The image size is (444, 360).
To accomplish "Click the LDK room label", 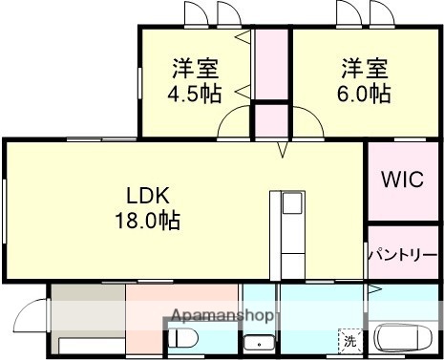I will coord(149,196).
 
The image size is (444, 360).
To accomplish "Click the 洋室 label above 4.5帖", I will coord(195,69).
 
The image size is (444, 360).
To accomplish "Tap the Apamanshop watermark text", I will coord(223,314).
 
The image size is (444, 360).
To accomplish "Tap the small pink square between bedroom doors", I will coord(271,120).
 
